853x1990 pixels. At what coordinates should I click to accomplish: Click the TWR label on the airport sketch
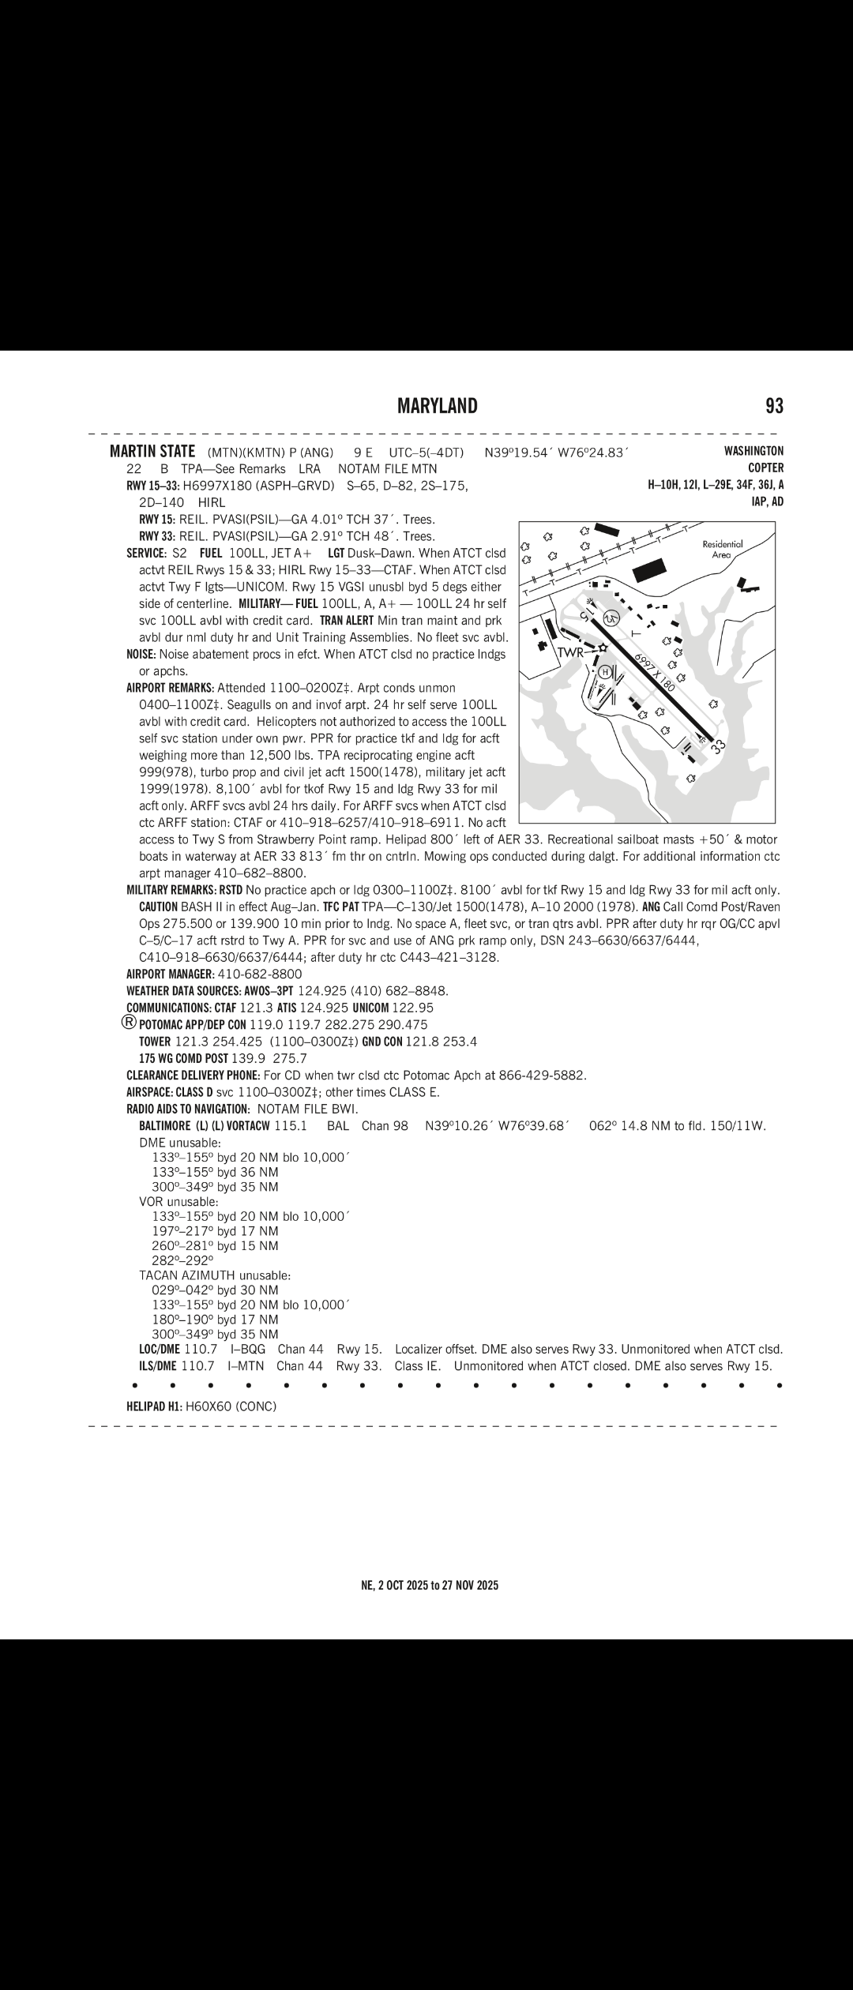(572, 652)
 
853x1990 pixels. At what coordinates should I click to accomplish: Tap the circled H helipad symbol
(605, 672)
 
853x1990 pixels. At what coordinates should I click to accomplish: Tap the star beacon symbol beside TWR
(603, 648)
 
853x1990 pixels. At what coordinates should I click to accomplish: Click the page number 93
(774, 406)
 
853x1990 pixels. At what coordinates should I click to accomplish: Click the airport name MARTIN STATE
(152, 452)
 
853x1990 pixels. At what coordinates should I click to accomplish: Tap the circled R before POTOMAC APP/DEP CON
(130, 1022)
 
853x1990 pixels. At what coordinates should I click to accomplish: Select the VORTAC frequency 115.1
(290, 1125)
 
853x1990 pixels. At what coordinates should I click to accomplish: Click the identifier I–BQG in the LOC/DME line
(247, 1349)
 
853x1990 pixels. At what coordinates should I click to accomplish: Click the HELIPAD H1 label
(154, 1406)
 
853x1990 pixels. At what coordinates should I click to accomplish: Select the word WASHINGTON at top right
(753, 451)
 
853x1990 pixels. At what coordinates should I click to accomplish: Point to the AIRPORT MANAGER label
(170, 974)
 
